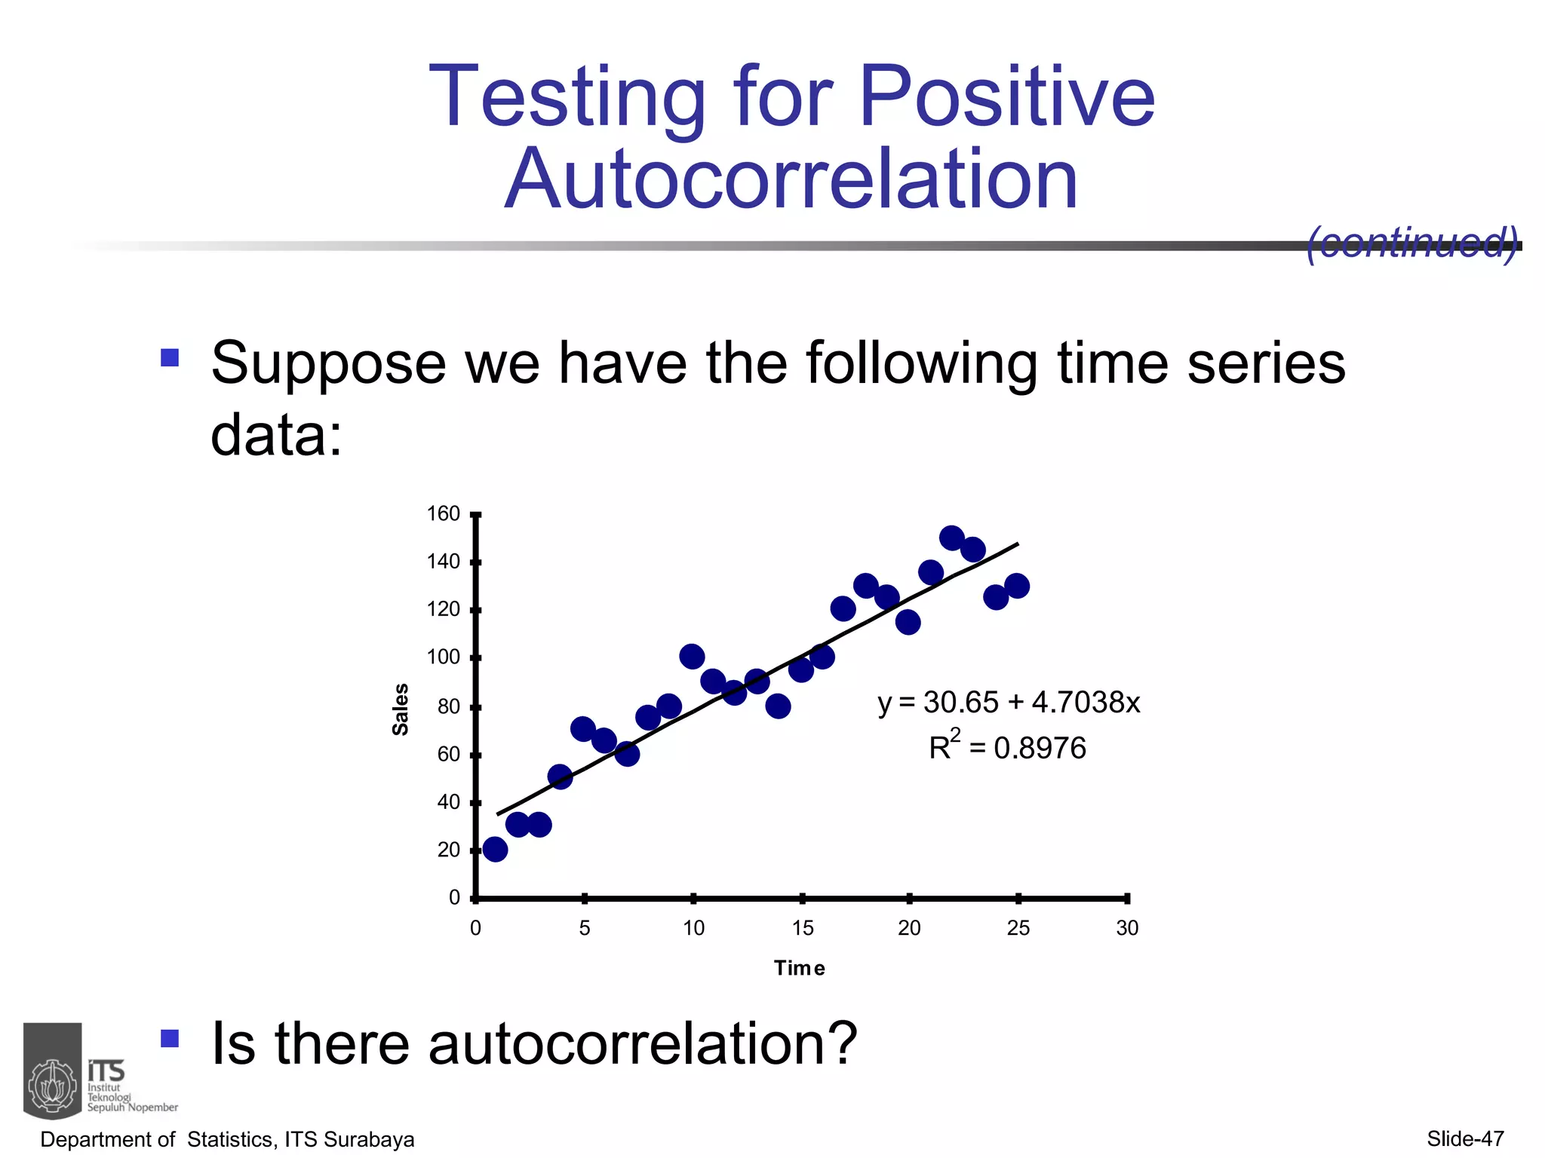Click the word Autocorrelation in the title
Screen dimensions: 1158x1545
[791, 179]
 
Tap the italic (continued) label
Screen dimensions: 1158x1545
[1411, 243]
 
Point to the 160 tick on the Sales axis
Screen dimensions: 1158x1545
[444, 514]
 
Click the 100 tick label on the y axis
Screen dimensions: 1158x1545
[444, 657]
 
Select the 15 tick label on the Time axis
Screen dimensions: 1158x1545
[803, 928]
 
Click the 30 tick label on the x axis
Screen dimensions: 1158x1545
[1127, 928]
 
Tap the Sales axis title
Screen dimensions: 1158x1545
[401, 709]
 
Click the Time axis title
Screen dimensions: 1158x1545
[800, 968]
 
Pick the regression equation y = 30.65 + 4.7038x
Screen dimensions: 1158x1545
[1009, 703]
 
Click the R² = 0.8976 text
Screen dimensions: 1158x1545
[1007, 748]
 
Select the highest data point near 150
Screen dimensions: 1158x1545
[952, 538]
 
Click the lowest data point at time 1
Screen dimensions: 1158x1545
[495, 850]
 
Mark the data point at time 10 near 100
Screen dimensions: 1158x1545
[692, 657]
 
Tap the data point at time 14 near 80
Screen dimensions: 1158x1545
[778, 706]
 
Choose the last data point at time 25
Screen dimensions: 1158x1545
[1017, 586]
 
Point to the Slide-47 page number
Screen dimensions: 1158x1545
[1465, 1138]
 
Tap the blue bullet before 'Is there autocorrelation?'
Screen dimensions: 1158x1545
[170, 1040]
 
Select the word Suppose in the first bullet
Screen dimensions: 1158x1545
[329, 364]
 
